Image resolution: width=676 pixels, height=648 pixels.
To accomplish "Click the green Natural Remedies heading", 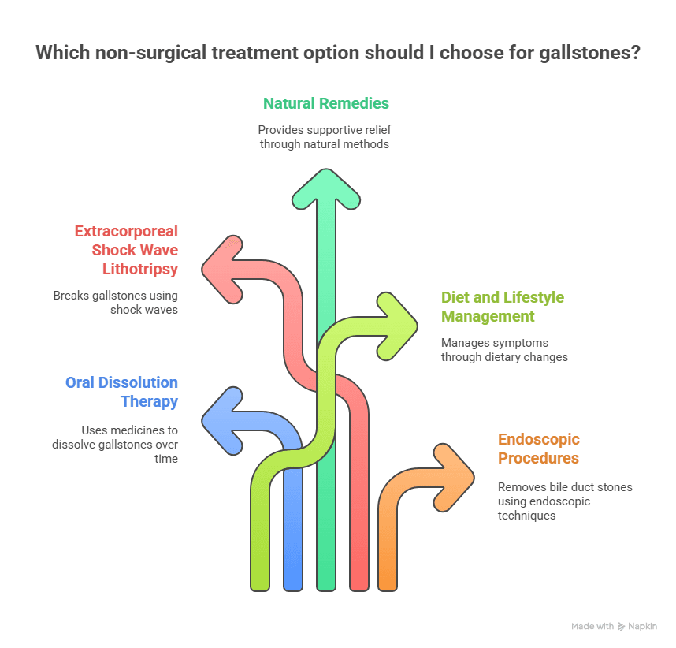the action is click(326, 103).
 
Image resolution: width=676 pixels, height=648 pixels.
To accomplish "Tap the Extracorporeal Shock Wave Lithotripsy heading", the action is click(126, 250).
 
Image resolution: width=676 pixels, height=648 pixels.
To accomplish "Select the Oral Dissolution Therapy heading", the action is click(121, 392).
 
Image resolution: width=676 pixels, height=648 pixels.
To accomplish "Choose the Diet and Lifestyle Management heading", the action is click(502, 307).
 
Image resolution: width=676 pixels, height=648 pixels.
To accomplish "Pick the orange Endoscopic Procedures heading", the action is click(538, 449).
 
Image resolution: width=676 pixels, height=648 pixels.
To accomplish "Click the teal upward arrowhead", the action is click(326, 190).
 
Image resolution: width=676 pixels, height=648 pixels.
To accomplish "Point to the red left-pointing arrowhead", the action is click(223, 270).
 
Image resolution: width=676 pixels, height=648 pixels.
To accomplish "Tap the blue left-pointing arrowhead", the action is click(223, 421).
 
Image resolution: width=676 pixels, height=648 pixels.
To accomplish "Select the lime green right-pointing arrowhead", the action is click(396, 326).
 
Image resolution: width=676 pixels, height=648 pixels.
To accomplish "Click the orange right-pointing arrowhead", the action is click(454, 478).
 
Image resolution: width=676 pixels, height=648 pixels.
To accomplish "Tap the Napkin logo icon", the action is click(621, 627).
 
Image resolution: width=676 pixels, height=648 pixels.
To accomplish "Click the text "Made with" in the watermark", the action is click(592, 626).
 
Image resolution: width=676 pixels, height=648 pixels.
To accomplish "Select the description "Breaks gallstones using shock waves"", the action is click(115, 303).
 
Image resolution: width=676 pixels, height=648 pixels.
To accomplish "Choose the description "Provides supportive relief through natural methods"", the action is click(325, 136).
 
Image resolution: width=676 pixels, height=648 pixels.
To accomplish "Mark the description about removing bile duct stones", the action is click(565, 501).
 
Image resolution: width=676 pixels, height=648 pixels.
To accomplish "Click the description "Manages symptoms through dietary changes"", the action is click(504, 350).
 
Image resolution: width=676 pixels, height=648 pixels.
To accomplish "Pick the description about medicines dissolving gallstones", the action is click(115, 445).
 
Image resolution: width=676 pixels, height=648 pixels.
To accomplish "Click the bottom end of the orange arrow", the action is click(388, 590).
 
